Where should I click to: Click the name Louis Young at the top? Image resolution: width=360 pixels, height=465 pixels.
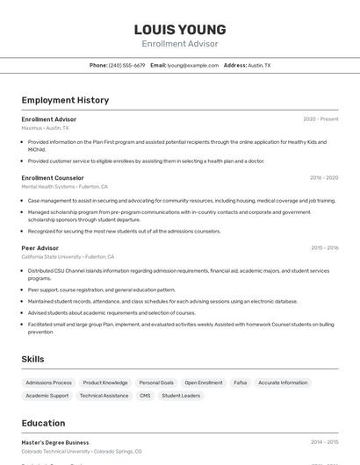click(x=180, y=29)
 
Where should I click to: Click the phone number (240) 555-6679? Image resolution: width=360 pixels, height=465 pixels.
click(x=127, y=65)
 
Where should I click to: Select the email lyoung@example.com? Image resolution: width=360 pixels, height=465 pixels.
click(x=192, y=65)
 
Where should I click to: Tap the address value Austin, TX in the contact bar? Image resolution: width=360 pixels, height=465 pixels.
click(x=259, y=65)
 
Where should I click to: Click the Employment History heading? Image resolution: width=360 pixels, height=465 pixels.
click(x=65, y=100)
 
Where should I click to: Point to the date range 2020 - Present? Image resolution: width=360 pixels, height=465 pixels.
click(x=320, y=119)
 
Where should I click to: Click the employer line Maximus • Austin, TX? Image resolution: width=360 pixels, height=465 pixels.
click(x=45, y=128)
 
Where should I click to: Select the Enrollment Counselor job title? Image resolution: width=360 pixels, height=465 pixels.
click(x=53, y=177)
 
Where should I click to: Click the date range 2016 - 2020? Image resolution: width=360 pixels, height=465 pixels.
click(x=323, y=177)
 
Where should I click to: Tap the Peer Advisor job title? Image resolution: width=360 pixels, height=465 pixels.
click(x=40, y=247)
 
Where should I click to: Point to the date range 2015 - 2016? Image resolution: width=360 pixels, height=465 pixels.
click(x=324, y=247)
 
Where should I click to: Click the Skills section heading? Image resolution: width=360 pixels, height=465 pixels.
click(x=32, y=359)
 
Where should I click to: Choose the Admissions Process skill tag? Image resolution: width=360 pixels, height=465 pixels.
click(x=49, y=383)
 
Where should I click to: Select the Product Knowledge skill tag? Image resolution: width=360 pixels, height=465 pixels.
click(x=105, y=383)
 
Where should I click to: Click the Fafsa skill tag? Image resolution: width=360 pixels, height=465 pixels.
click(x=241, y=383)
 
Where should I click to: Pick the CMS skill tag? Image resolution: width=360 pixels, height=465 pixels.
click(x=145, y=396)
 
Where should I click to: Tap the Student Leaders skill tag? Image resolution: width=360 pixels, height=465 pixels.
click(x=181, y=396)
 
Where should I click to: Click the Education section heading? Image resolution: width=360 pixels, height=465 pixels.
click(x=43, y=423)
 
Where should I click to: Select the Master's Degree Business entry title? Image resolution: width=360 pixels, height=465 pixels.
click(x=55, y=443)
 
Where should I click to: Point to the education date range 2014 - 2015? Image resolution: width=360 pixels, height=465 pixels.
click(x=324, y=443)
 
